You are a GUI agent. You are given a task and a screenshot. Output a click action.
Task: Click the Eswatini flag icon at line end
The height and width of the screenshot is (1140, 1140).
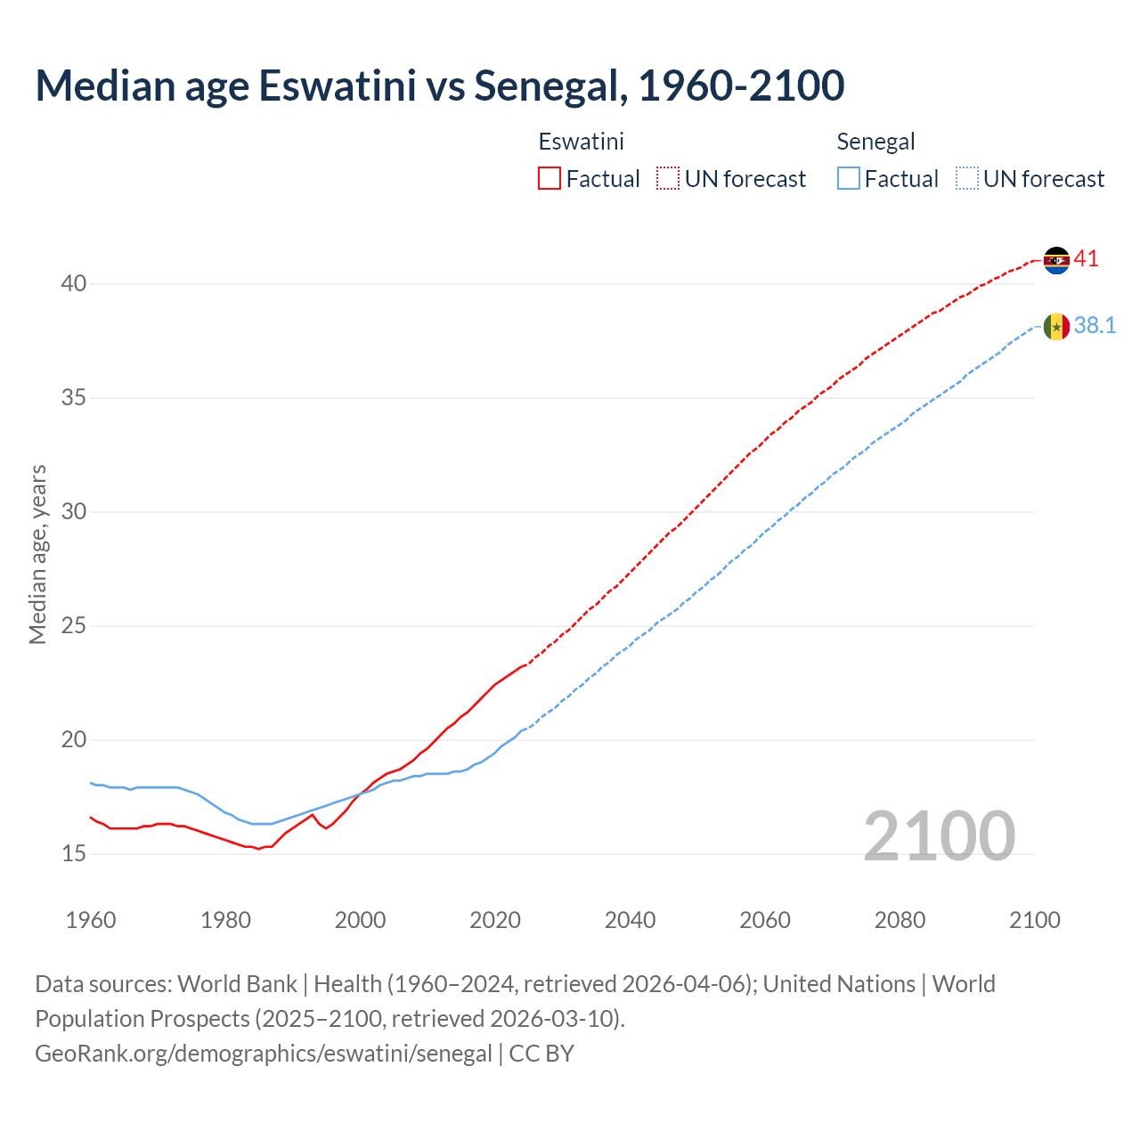pyautogui.click(x=1056, y=260)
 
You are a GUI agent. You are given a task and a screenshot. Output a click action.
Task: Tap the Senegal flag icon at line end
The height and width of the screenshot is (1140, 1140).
pyautogui.click(x=1056, y=327)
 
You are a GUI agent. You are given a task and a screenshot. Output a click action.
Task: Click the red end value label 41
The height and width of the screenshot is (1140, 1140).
pyautogui.click(x=1086, y=259)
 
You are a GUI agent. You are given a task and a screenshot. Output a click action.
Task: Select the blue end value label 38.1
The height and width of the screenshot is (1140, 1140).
pyautogui.click(x=1095, y=326)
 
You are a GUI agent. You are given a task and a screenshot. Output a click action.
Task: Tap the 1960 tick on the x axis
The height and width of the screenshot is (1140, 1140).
pyautogui.click(x=91, y=920)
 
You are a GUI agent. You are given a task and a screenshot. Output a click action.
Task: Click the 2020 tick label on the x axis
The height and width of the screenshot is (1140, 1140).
pyautogui.click(x=495, y=920)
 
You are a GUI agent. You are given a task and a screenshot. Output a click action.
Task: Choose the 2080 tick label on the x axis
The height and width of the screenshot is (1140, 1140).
pyautogui.click(x=900, y=920)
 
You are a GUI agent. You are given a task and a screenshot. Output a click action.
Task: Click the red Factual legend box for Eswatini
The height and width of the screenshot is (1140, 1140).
pyautogui.click(x=550, y=179)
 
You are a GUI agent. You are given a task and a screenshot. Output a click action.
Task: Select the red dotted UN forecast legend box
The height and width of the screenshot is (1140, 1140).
pyautogui.click(x=668, y=179)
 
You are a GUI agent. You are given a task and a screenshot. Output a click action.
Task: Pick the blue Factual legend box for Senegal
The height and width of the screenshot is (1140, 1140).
pyautogui.click(x=849, y=179)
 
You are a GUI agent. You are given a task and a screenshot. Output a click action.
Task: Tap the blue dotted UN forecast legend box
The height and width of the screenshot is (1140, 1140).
pyautogui.click(x=966, y=179)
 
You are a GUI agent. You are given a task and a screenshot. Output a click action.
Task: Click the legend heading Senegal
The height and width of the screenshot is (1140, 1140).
pyautogui.click(x=875, y=142)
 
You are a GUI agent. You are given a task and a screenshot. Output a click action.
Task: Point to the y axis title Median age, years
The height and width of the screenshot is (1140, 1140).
pyautogui.click(x=37, y=554)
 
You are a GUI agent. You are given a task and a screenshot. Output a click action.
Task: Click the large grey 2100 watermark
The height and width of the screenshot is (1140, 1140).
pyautogui.click(x=939, y=836)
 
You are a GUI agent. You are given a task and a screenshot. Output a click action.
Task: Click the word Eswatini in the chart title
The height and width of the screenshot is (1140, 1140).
pyautogui.click(x=338, y=85)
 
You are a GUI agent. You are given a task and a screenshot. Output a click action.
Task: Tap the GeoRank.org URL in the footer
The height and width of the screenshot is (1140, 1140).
pyautogui.click(x=263, y=1054)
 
